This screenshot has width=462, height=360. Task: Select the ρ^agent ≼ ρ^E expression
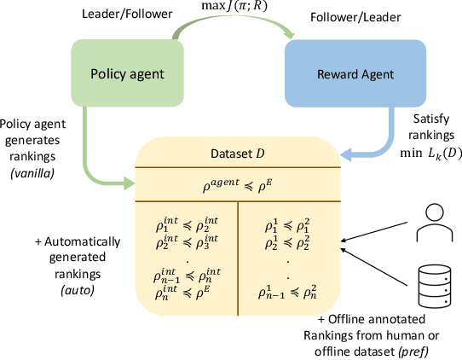(235, 182)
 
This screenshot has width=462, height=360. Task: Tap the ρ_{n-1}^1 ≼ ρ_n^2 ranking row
(287, 293)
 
